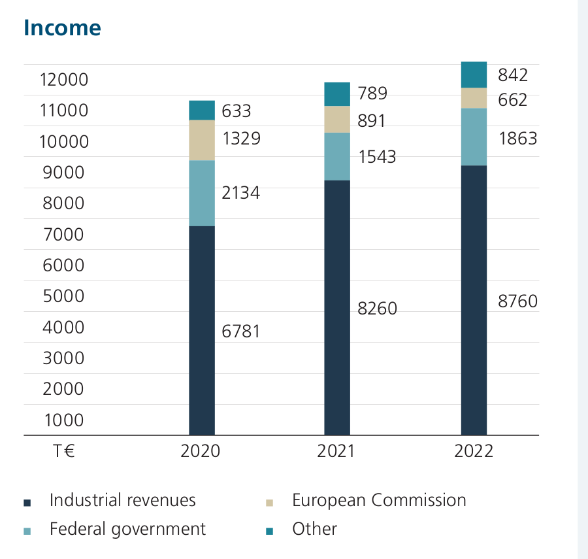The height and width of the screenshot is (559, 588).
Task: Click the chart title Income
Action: [x=62, y=28]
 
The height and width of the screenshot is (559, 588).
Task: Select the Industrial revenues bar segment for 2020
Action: [x=202, y=330]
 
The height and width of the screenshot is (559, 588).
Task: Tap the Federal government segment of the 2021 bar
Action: [x=337, y=156]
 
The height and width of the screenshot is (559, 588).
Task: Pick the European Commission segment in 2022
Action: [x=474, y=98]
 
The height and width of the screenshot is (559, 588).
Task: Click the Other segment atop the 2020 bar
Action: [x=202, y=110]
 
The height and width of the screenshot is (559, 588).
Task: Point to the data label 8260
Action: [x=377, y=308]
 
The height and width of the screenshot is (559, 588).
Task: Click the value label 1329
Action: [x=241, y=139]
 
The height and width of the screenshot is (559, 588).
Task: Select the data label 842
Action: [x=512, y=75]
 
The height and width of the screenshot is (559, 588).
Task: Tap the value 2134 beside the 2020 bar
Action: [x=241, y=192]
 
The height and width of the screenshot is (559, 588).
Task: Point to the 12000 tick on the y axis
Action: [x=63, y=80]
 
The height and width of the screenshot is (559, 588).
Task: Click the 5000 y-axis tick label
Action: [x=63, y=296]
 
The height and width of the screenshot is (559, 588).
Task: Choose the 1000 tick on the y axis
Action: [x=63, y=420]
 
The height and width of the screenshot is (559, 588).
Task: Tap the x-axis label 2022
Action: [x=474, y=451]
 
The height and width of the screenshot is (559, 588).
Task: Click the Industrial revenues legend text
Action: [x=123, y=500]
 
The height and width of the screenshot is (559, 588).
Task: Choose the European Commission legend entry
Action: [x=379, y=500]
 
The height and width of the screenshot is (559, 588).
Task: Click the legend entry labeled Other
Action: [x=314, y=529]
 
